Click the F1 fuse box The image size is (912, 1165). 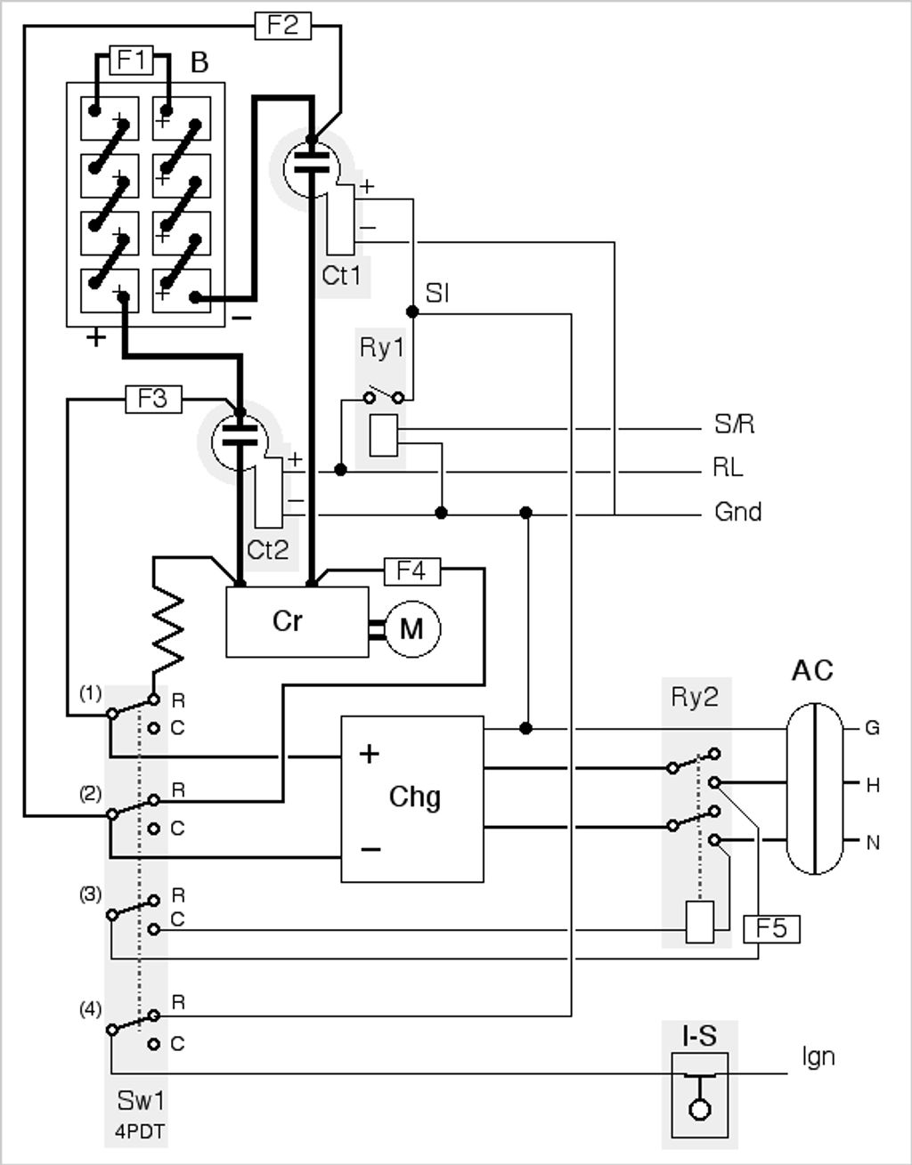click(x=132, y=60)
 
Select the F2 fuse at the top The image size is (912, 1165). click(x=282, y=25)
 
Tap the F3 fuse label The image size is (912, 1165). click(x=153, y=399)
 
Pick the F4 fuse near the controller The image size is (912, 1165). click(x=412, y=571)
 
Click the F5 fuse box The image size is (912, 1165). click(x=771, y=929)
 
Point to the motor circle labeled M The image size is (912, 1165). click(x=412, y=629)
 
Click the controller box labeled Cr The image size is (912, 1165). click(x=297, y=622)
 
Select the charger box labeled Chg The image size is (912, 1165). click(x=412, y=799)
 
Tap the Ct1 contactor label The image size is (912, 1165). click(x=342, y=276)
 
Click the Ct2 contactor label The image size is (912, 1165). click(x=268, y=549)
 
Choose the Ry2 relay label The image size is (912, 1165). click(x=695, y=697)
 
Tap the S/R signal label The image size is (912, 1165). click(x=734, y=424)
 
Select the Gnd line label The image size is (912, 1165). click(x=737, y=512)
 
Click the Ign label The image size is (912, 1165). click(x=818, y=1056)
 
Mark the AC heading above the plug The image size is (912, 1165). click(x=813, y=670)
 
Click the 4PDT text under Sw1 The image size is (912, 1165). click(x=140, y=1131)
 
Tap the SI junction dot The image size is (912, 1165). click(x=412, y=311)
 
